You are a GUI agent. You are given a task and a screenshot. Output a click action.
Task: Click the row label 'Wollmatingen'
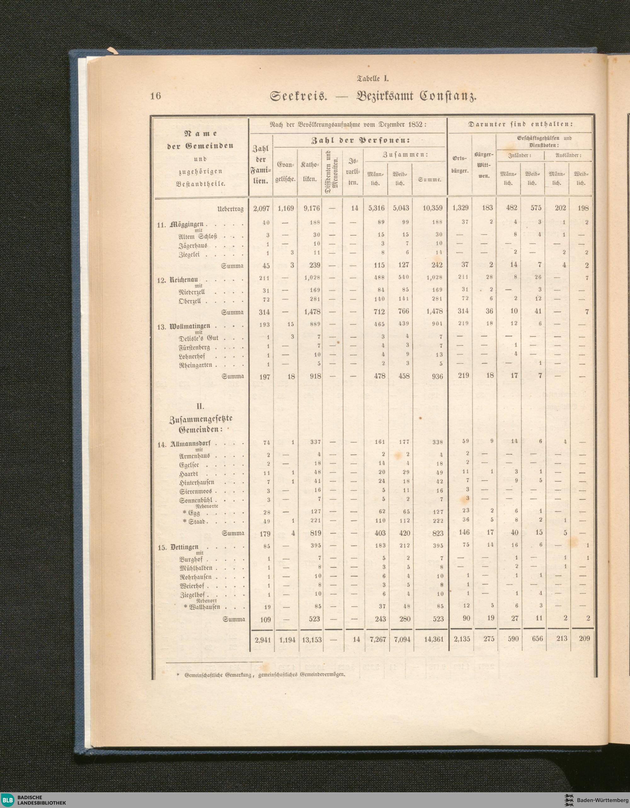pyautogui.click(x=190, y=326)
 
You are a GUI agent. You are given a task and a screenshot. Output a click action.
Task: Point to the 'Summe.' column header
pyautogui.click(x=429, y=179)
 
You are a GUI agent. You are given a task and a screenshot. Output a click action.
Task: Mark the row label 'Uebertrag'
pyautogui.click(x=231, y=209)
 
